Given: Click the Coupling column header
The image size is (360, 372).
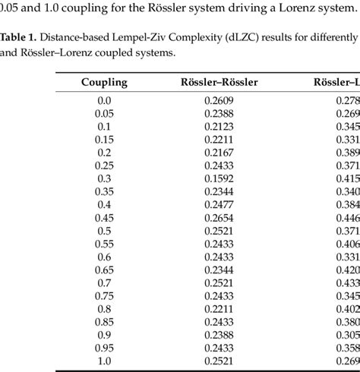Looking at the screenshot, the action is point(105,82).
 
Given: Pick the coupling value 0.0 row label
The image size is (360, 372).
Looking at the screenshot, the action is point(105,100).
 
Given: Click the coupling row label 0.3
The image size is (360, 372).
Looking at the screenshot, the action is point(105,178).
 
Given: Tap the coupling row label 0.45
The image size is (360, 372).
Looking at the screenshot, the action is point(105,218).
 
